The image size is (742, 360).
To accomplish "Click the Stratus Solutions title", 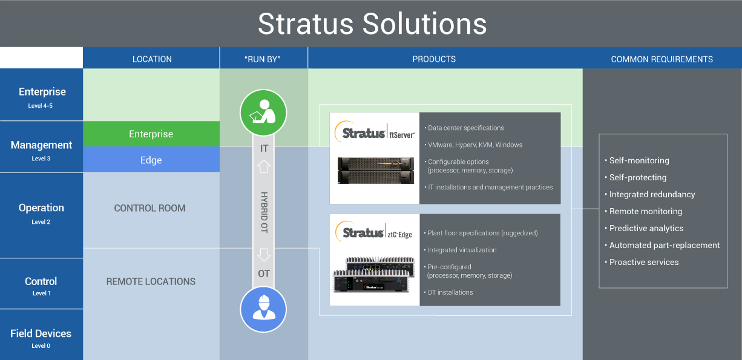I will (372, 24).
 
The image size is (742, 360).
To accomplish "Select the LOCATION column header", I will (152, 59).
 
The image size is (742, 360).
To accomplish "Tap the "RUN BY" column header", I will (263, 59).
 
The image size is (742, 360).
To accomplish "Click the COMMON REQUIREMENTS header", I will (662, 59).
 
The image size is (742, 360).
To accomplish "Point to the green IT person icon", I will (263, 112).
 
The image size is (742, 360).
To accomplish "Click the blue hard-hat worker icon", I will (263, 309).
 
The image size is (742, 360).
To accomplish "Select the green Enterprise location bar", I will (151, 134).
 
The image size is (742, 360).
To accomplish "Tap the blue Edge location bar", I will (151, 160).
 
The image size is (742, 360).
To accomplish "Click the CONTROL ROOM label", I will (149, 208).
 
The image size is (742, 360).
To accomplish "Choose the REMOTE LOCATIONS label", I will (151, 281).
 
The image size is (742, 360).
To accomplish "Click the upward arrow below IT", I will (264, 166).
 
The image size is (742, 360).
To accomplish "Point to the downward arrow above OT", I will (264, 254).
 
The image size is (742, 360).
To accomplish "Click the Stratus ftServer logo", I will (375, 133).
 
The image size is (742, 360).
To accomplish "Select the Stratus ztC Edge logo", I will (375, 232).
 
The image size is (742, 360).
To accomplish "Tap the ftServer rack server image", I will (375, 171).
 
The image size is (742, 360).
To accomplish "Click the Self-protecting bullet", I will (637, 177).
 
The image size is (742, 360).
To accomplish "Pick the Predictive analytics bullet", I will (646, 228).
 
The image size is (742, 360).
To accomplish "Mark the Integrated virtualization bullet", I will (462, 250).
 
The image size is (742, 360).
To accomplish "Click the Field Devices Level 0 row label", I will (41, 336).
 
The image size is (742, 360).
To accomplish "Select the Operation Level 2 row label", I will (41, 211).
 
